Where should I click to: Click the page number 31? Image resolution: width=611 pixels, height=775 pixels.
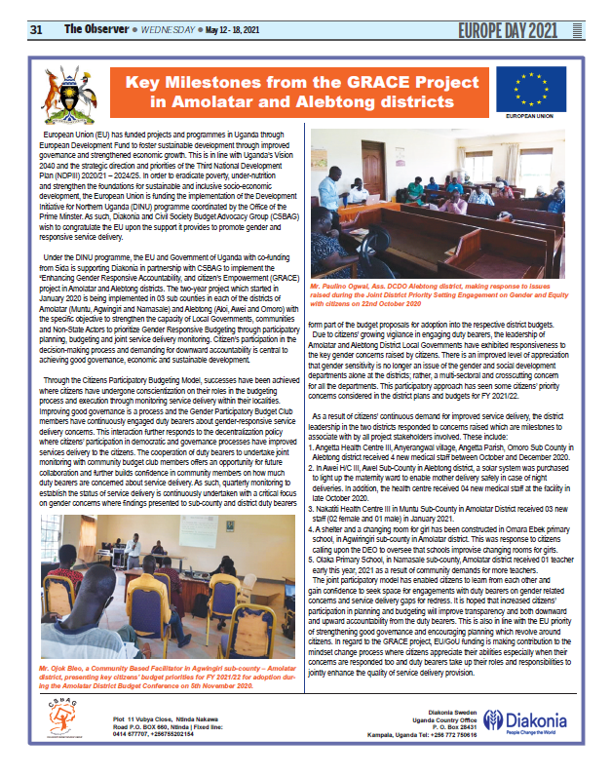(x=36, y=29)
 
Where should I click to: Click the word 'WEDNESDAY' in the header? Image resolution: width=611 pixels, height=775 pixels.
(x=166, y=30)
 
